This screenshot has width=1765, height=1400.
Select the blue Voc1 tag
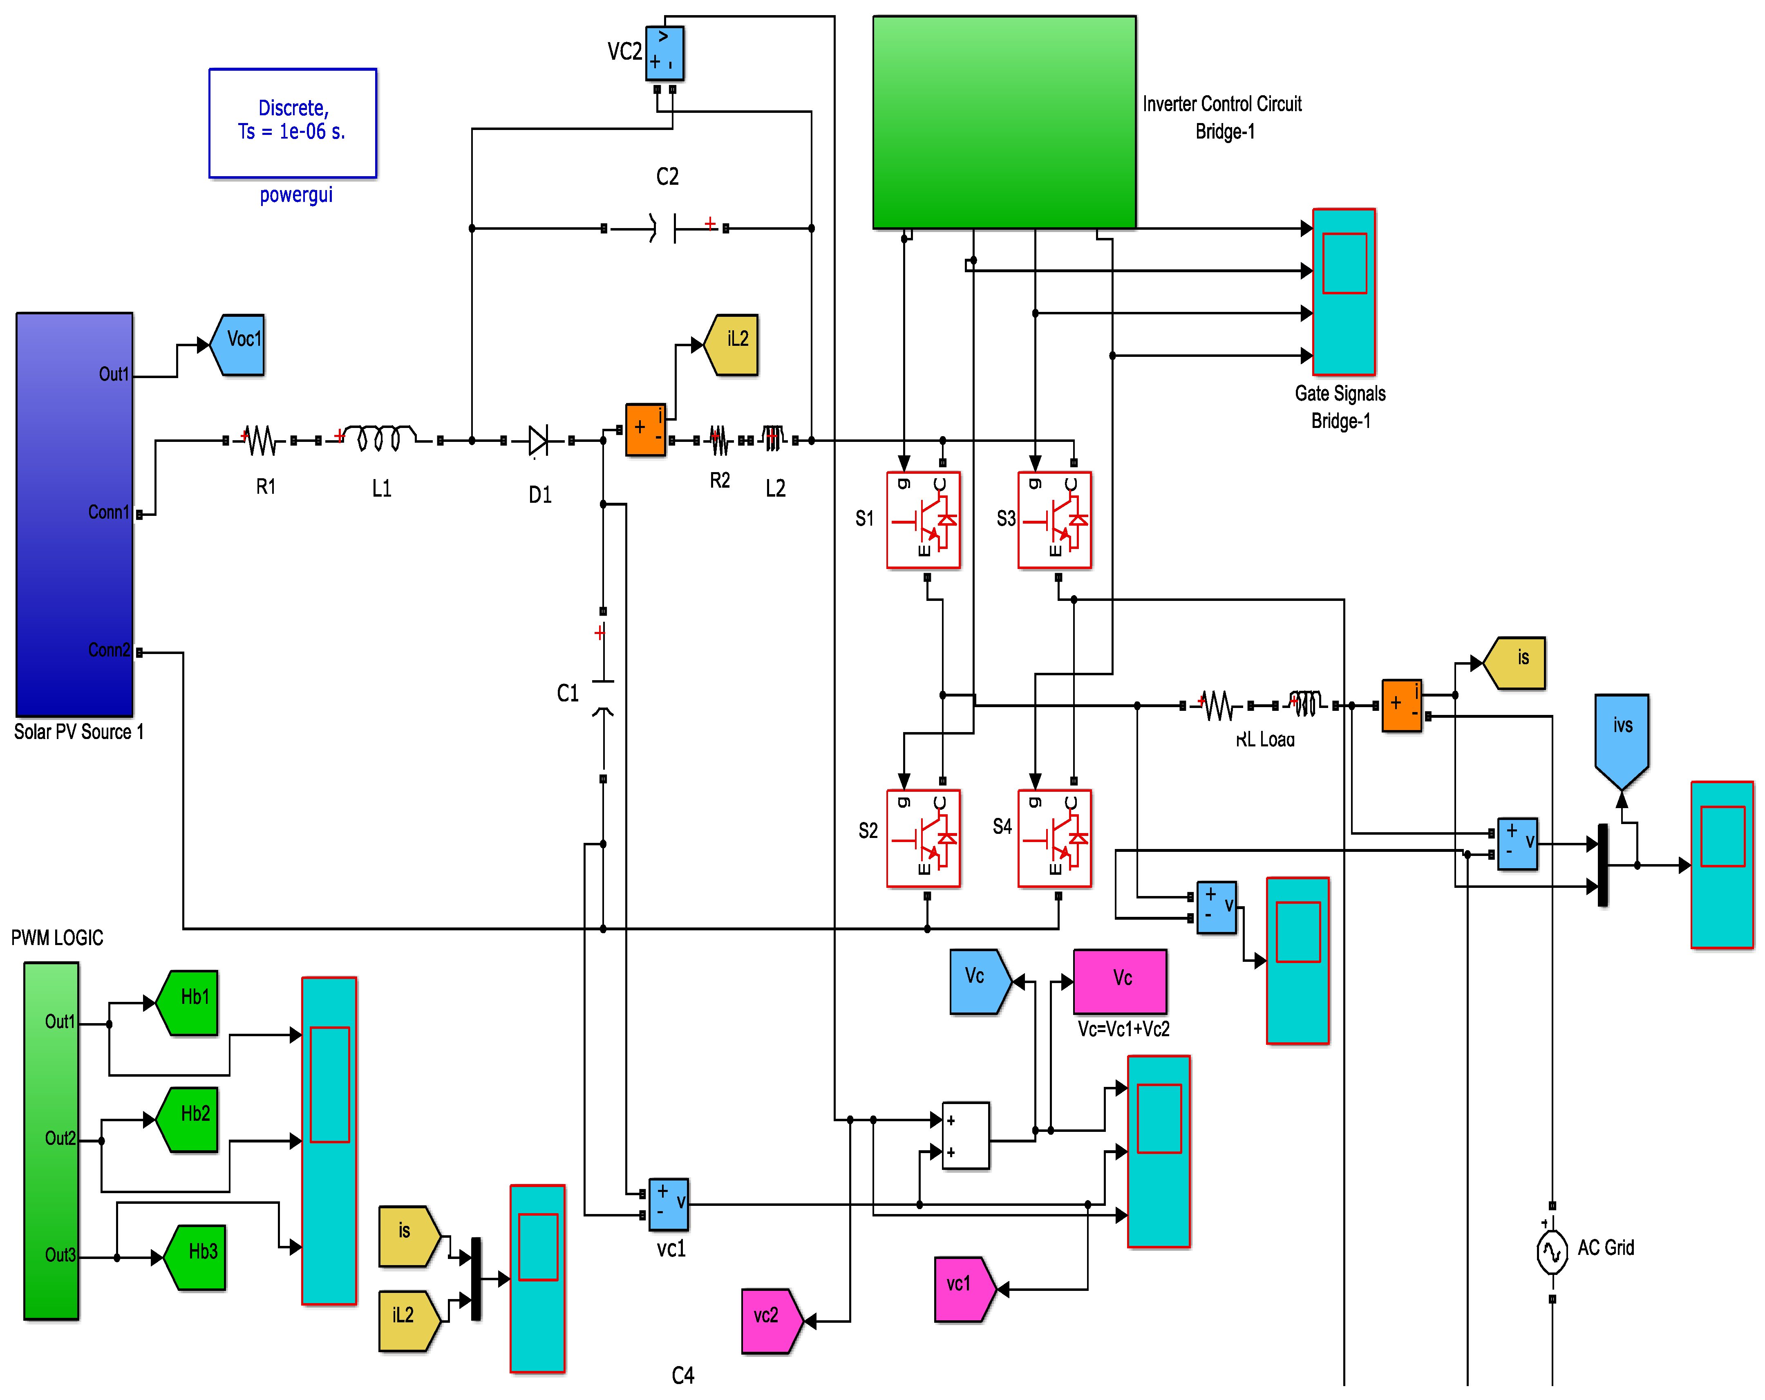(237, 345)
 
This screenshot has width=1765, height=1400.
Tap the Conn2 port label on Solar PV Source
(109, 650)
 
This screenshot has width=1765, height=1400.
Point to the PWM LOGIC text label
(57, 937)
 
